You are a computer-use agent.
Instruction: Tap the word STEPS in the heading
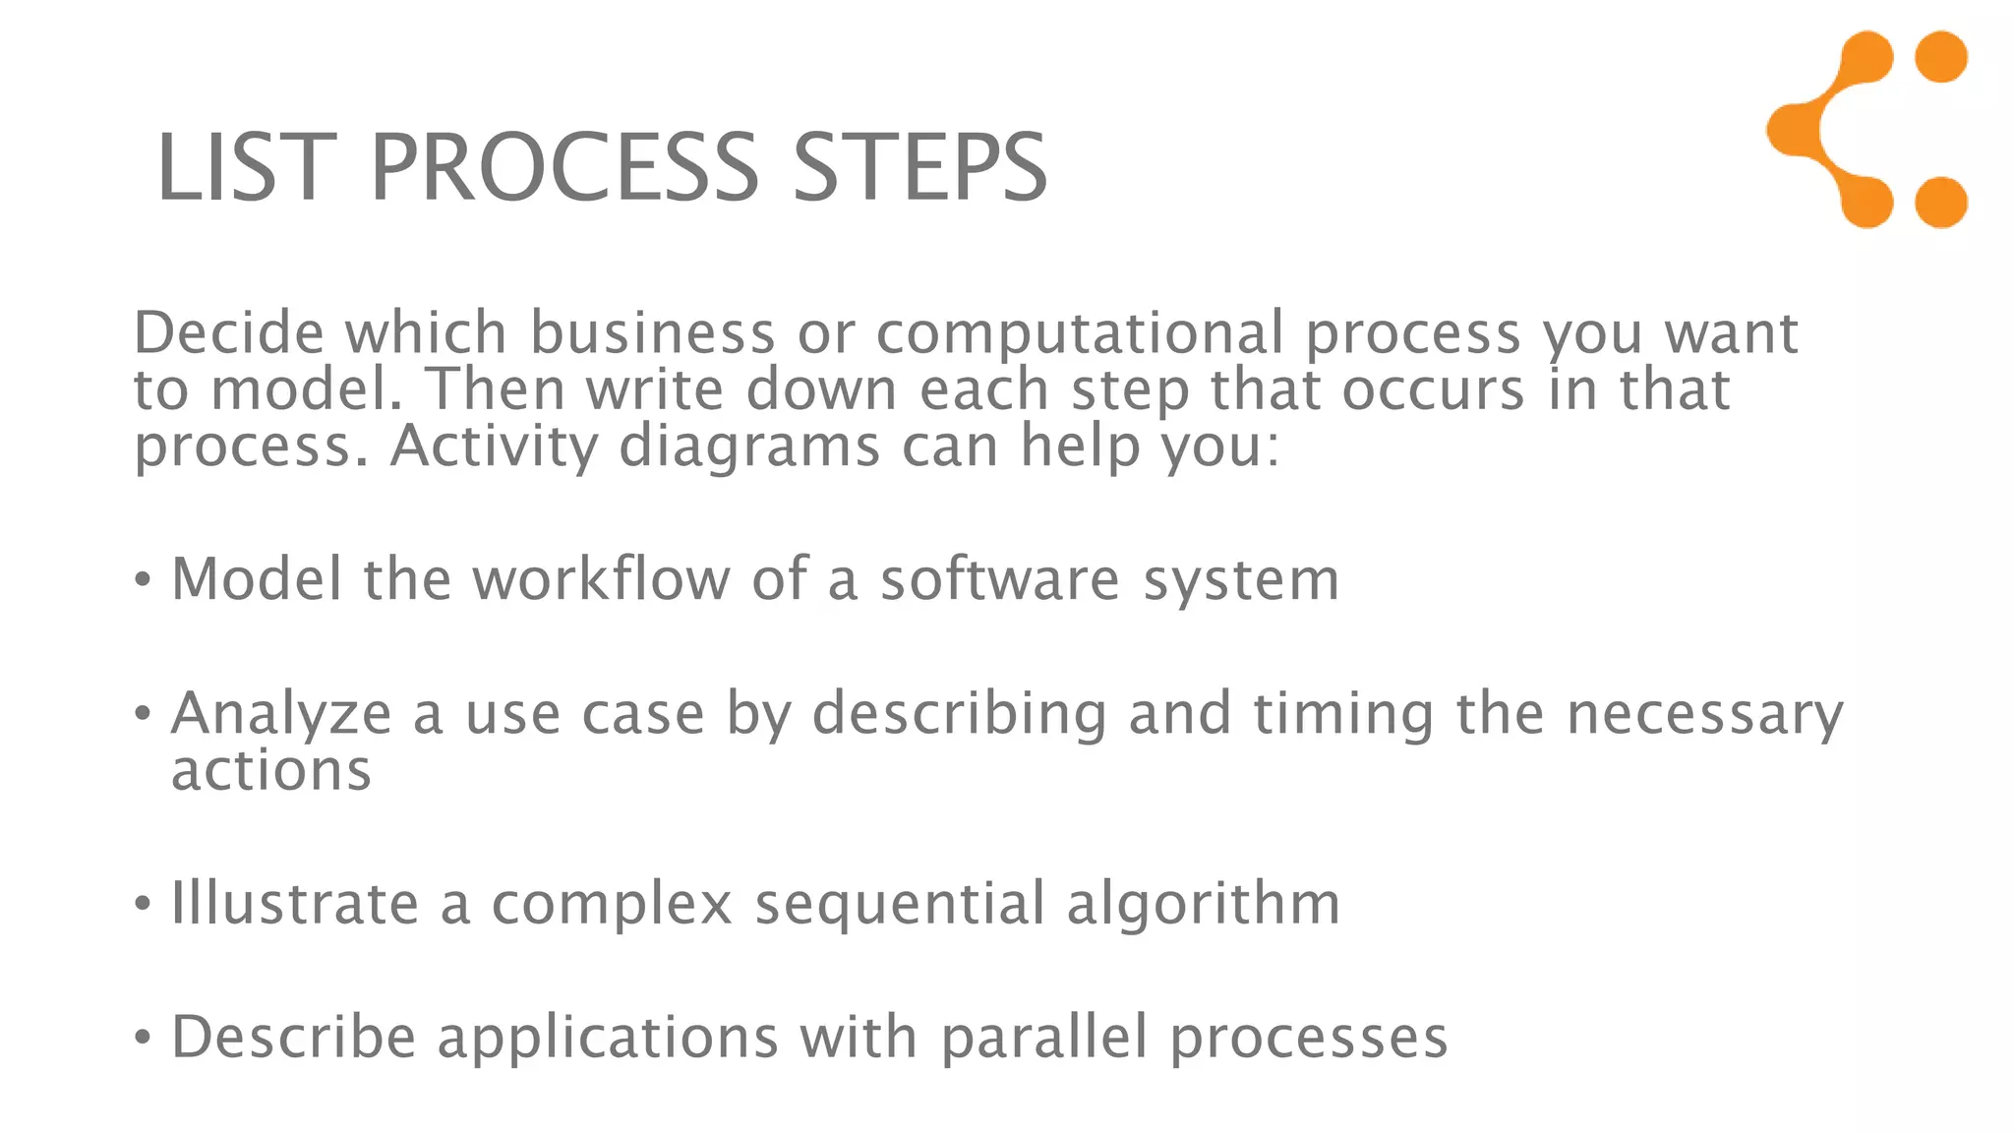pos(919,168)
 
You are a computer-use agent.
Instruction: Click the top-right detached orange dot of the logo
pos(1941,56)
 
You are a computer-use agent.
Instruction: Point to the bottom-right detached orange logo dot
pos(1941,203)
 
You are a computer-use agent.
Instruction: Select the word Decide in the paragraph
pos(229,332)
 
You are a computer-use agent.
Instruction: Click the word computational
pos(1080,334)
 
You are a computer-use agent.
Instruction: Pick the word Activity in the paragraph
pos(494,447)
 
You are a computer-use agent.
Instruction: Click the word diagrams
pos(749,447)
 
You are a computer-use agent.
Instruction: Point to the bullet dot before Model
pos(144,579)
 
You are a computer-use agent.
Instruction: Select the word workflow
pos(601,578)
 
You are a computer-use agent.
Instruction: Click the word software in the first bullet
pos(999,578)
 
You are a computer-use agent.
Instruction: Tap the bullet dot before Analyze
pos(144,712)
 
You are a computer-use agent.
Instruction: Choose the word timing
pos(1343,714)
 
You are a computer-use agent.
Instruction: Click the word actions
pos(271,769)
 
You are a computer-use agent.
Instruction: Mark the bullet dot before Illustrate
pos(144,903)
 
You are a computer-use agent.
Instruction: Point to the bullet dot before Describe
pos(144,1037)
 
